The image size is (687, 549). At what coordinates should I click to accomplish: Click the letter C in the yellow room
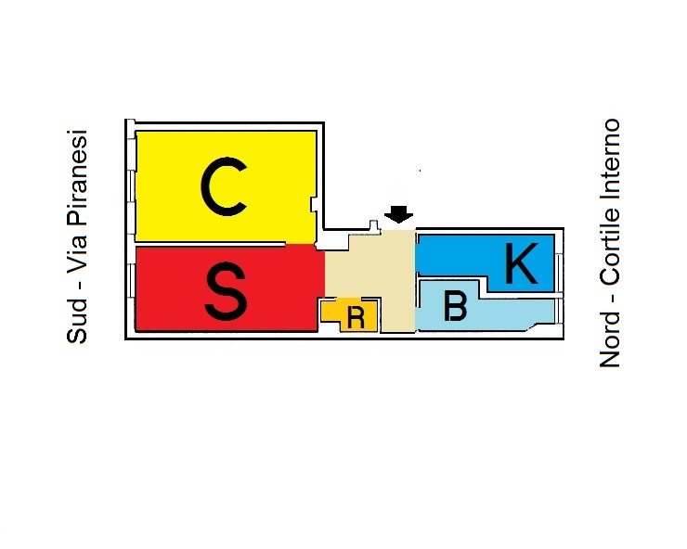pos(223,187)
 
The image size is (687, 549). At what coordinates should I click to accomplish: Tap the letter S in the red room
pos(226,289)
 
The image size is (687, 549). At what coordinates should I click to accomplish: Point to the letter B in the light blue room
pos(455,307)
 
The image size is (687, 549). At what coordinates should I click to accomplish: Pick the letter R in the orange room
pos(355,317)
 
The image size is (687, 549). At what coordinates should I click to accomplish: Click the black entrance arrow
pos(399,214)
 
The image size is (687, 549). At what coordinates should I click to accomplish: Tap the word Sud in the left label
pos(77,324)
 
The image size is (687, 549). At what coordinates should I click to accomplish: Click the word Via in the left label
pos(77,261)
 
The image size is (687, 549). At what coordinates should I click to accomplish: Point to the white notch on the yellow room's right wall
pos(315,204)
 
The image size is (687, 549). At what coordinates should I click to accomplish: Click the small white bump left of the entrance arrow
pos(373,224)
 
